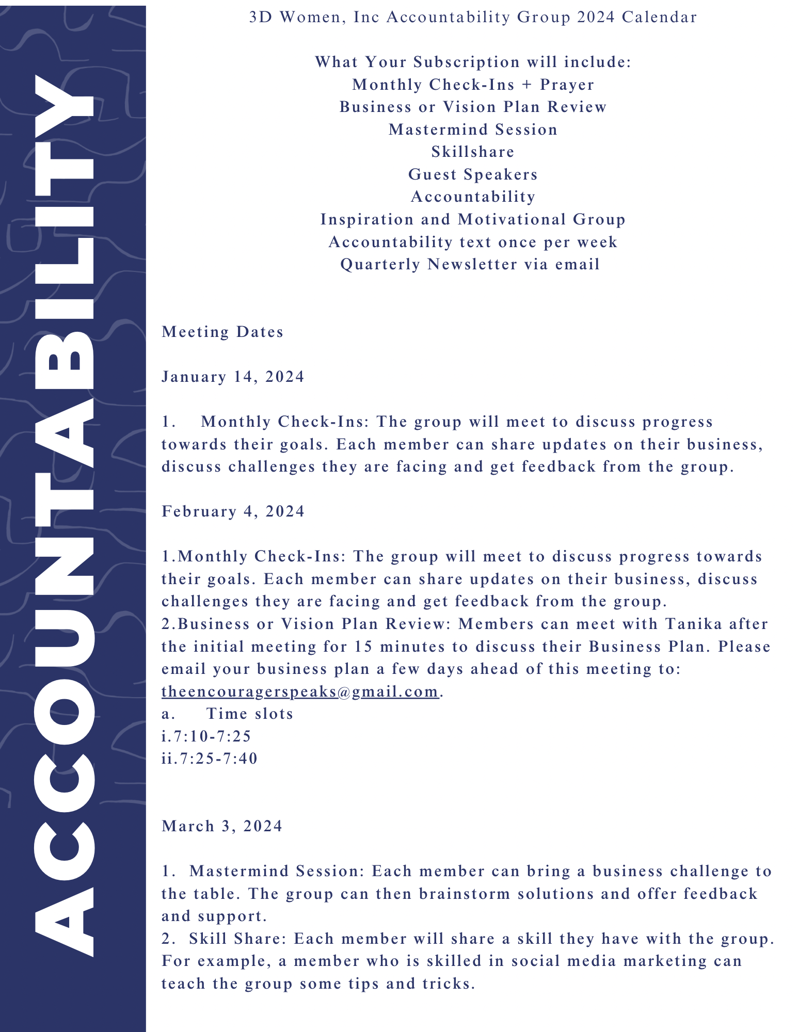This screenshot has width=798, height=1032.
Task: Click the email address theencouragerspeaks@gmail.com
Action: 300,691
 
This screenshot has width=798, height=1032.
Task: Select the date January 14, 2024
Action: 233,377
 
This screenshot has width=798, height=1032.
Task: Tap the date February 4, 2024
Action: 233,512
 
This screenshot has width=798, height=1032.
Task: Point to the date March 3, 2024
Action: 222,827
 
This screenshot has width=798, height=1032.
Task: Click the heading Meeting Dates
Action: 222,332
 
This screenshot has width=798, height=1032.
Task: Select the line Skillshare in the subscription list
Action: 473,152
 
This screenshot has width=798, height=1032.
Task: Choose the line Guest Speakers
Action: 473,175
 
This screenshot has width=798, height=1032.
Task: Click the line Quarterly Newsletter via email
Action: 470,265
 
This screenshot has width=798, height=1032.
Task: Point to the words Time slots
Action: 249,714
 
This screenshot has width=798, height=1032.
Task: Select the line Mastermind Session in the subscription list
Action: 473,130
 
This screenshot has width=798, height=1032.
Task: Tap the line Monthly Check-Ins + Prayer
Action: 473,85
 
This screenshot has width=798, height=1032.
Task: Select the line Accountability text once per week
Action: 473,243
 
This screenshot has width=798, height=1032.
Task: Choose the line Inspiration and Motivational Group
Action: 473,220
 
